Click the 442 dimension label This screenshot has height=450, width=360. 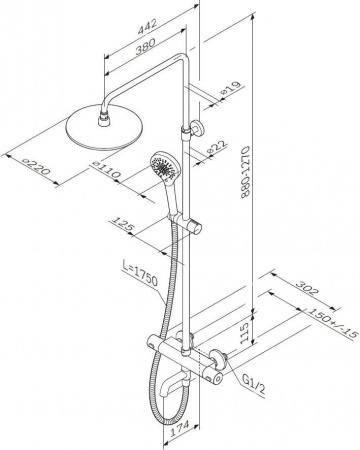(x=147, y=27)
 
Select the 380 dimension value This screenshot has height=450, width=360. (x=145, y=47)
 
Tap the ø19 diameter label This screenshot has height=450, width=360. (x=231, y=89)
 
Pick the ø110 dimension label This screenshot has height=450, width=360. (x=106, y=169)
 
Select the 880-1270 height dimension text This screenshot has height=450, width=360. (x=246, y=172)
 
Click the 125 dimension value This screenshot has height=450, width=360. (x=123, y=225)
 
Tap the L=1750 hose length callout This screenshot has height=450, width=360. (x=140, y=275)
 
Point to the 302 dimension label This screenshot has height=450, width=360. (x=308, y=288)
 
